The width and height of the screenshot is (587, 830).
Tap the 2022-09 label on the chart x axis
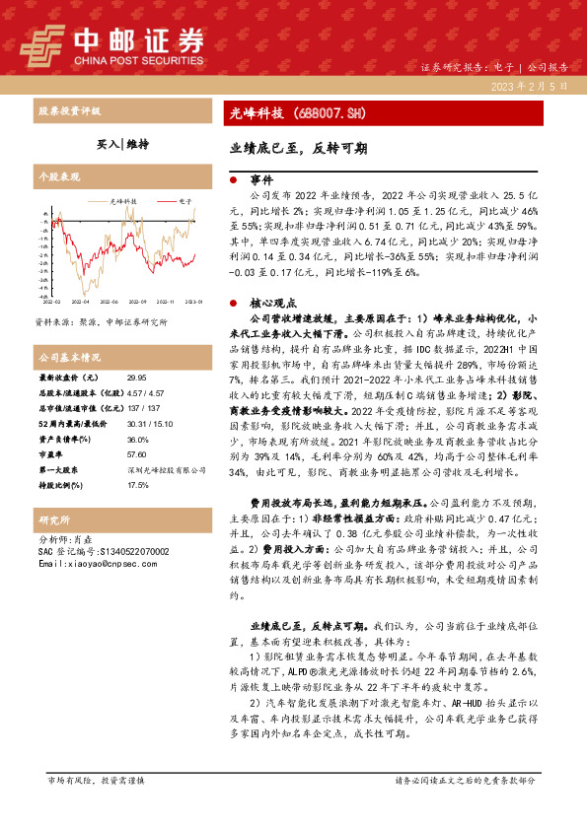(136, 302)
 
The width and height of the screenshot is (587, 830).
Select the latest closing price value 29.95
(136, 378)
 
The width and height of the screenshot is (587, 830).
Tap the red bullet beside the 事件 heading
(232, 181)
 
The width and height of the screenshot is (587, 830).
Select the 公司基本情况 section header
(69, 356)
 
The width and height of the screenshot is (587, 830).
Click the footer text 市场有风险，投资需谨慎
(96, 807)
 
